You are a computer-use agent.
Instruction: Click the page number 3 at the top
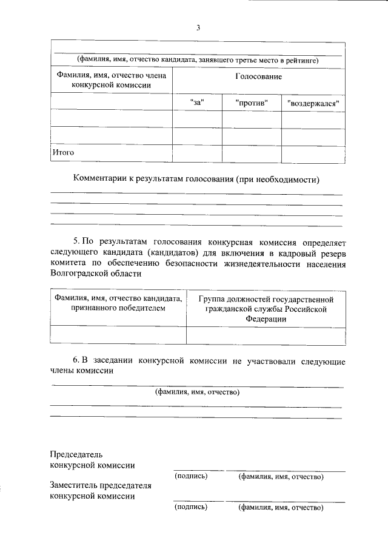point(198,27)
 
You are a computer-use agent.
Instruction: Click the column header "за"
point(196,102)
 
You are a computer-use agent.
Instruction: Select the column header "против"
point(251,102)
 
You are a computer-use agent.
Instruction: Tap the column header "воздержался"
point(313,103)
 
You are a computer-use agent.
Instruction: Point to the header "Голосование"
point(258,77)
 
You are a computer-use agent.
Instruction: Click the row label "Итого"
point(63,152)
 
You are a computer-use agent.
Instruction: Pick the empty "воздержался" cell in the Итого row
point(313,153)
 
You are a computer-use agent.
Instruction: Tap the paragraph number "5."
point(77,241)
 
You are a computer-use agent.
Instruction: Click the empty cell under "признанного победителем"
point(118,335)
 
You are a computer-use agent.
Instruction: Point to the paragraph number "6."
point(77,362)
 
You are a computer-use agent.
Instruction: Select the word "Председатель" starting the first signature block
point(76,454)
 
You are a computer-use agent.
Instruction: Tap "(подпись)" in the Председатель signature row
point(190,476)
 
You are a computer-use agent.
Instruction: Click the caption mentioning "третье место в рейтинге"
point(198,59)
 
